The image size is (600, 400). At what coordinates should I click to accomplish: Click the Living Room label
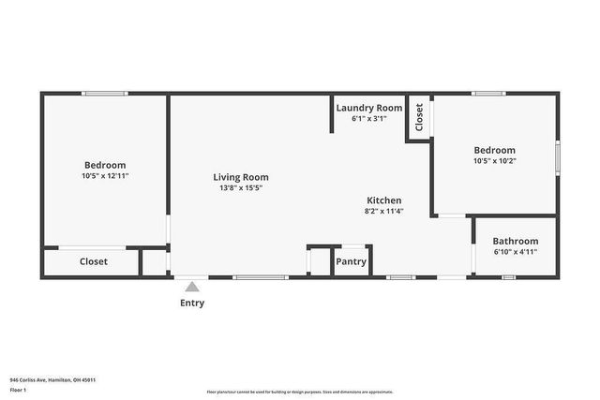point(241,177)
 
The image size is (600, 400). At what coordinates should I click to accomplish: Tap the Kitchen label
point(383,200)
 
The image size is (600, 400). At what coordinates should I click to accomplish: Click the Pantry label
point(351,261)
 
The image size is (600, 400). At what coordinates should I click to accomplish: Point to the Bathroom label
point(516,241)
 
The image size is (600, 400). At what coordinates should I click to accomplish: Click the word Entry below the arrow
point(192,303)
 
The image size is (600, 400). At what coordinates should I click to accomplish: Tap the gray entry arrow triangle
point(192,288)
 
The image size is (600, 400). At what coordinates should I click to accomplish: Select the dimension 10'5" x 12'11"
point(105,175)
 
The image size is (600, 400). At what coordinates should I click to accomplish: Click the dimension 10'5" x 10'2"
point(494,161)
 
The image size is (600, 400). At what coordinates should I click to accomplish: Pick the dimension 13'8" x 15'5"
point(241,188)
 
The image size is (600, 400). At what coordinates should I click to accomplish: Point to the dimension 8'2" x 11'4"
point(383,212)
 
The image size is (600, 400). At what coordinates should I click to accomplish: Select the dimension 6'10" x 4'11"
point(516,252)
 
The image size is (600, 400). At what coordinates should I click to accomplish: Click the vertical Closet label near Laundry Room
point(419,117)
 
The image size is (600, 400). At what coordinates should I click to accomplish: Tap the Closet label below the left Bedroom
point(93,261)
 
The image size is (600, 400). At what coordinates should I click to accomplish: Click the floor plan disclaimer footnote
point(299,392)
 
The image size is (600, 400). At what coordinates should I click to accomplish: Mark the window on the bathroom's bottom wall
point(508,277)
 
